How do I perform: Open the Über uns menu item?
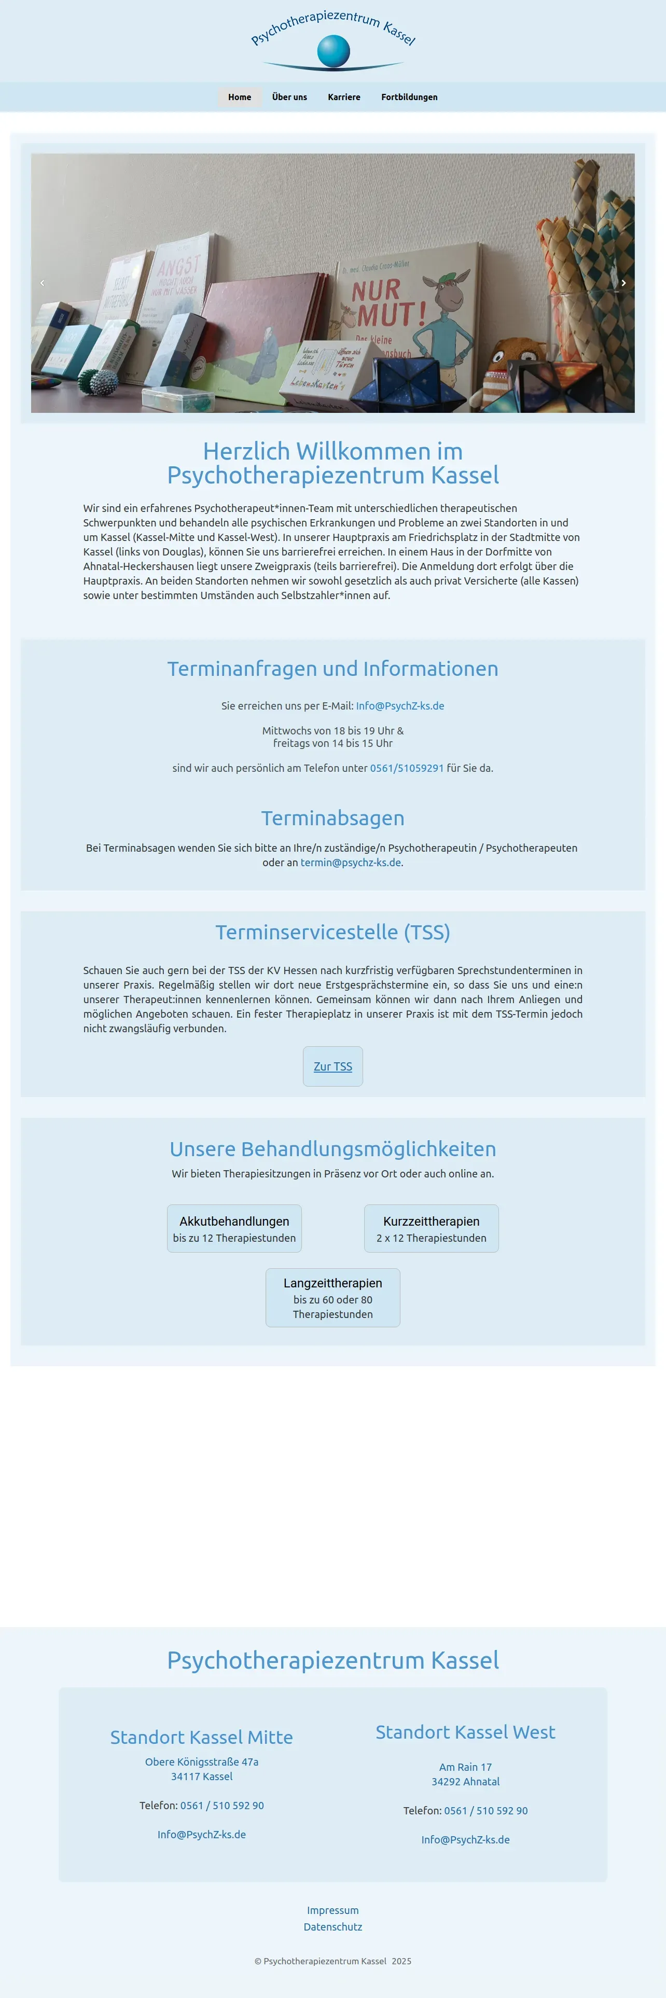(289, 97)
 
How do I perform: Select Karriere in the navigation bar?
(343, 97)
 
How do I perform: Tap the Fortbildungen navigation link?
(409, 97)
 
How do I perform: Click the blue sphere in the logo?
(334, 51)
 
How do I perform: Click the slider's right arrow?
(623, 283)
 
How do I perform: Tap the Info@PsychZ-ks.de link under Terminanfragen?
(399, 706)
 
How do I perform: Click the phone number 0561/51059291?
(406, 768)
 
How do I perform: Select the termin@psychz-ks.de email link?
(351, 863)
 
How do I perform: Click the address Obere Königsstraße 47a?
(202, 1761)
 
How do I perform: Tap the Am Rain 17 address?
(465, 1767)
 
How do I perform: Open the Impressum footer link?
(332, 1910)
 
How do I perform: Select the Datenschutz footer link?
(332, 1926)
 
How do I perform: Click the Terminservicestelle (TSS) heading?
(332, 932)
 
